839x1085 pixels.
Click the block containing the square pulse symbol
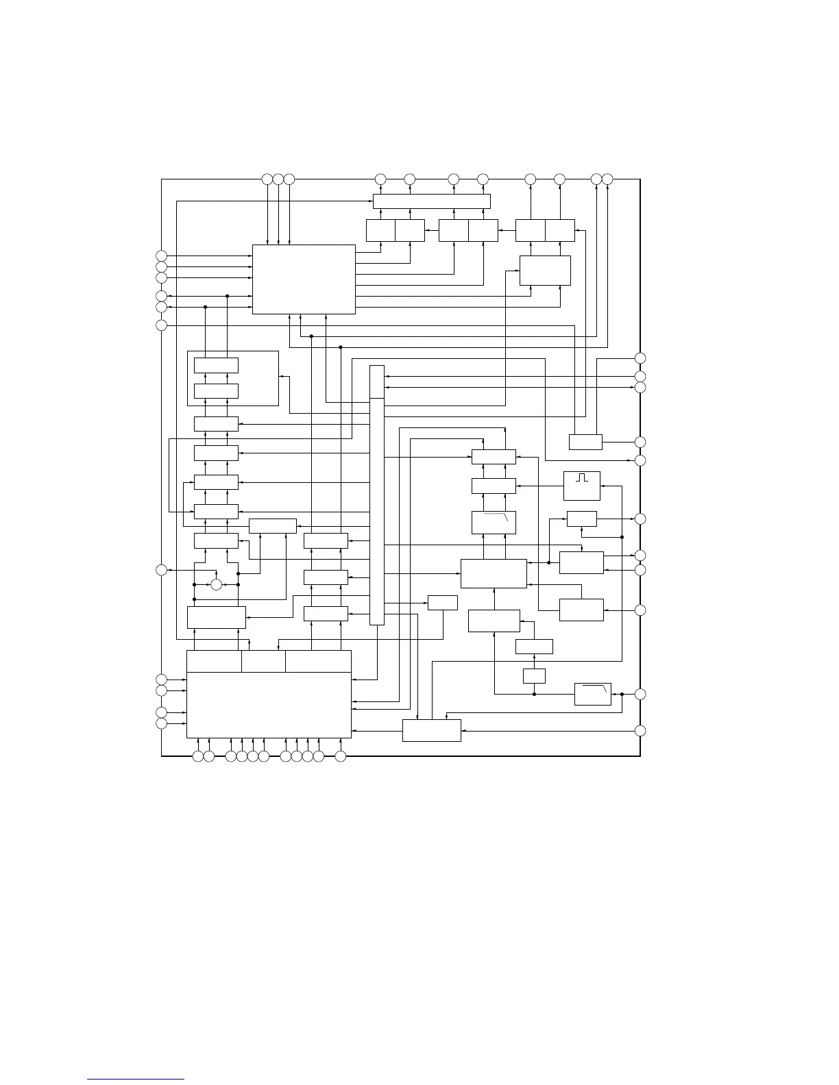pos(581,486)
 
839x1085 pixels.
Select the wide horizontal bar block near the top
pos(432,201)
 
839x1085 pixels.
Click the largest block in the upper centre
pos(304,279)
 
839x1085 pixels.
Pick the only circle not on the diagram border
pos(217,584)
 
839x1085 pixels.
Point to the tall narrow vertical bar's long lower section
pos(377,511)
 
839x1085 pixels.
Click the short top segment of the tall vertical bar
pos(377,382)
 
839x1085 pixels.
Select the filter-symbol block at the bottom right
pos(592,694)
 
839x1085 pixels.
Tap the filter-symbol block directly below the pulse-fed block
pos(494,522)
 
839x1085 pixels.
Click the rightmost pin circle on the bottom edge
pos(341,756)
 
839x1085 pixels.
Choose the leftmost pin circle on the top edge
pos(267,179)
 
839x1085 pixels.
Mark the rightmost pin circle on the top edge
pos(607,179)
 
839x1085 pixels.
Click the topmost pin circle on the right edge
pos(640,358)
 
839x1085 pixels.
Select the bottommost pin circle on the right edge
pos(640,730)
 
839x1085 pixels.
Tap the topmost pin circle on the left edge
pos(161,256)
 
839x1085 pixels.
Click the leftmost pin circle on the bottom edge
pos(198,756)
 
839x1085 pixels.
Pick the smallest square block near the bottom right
pos(534,676)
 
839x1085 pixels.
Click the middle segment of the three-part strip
pos(263,661)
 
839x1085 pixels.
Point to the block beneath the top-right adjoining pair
pos(545,270)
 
